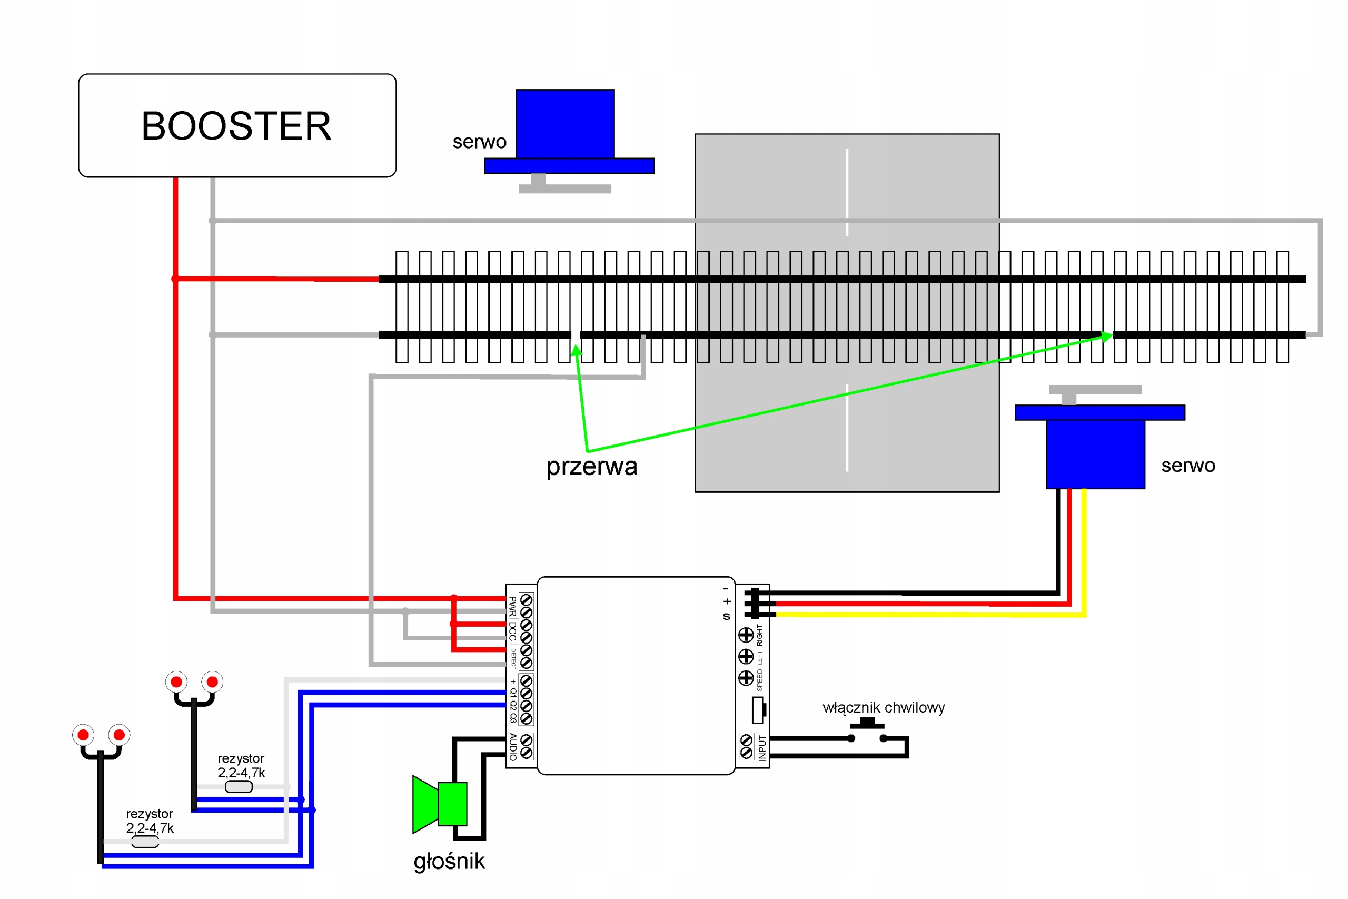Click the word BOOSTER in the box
click(236, 126)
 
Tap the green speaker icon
click(440, 804)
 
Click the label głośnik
click(449, 861)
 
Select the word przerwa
click(591, 467)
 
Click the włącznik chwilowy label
click(883, 707)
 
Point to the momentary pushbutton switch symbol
click(867, 732)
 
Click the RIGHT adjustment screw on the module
click(746, 635)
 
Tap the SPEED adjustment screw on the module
click(746, 678)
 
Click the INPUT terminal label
click(762, 748)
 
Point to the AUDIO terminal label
click(513, 746)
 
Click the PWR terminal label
click(512, 606)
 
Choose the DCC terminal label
click(512, 631)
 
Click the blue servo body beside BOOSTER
click(565, 124)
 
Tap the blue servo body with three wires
click(1095, 453)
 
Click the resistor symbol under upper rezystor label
click(239, 787)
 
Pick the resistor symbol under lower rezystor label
click(145, 842)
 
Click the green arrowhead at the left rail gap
click(577, 349)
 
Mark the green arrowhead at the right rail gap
click(1107, 337)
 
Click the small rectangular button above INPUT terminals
click(758, 710)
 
